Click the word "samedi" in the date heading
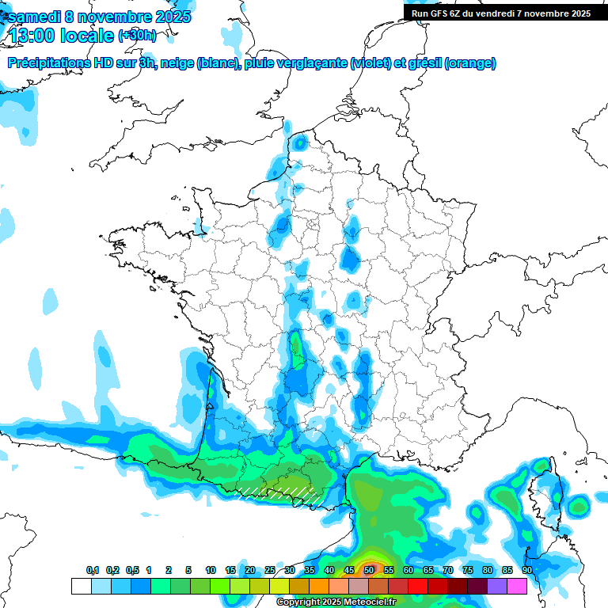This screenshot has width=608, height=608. (x=32, y=17)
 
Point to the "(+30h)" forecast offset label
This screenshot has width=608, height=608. (x=137, y=36)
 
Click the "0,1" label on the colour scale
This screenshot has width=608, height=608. (x=93, y=570)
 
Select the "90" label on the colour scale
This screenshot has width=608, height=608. (x=527, y=570)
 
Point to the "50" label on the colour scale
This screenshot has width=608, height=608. (x=369, y=570)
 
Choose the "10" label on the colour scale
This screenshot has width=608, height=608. (x=211, y=570)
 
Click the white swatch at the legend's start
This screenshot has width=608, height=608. (x=81, y=586)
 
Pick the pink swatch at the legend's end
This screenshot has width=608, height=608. (x=517, y=586)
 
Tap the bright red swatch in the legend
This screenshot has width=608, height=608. (x=418, y=586)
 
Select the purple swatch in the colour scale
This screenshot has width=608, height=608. (x=497, y=586)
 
